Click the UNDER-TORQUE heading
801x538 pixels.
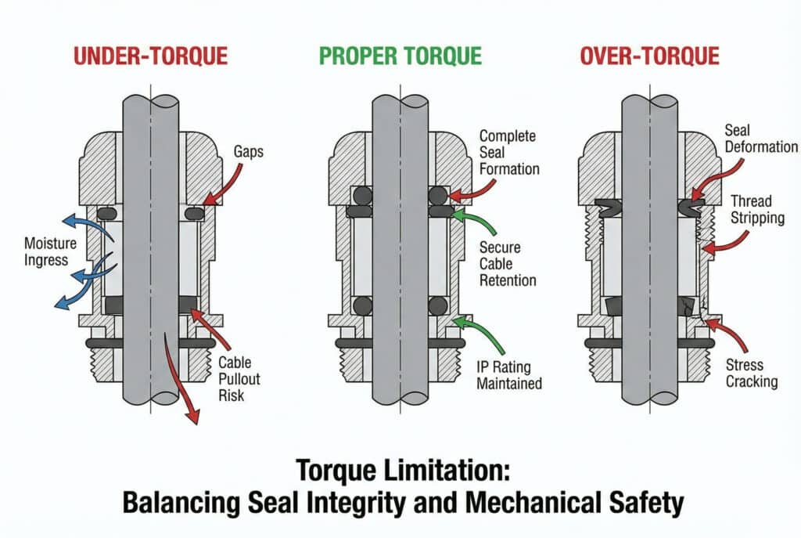tap(151, 56)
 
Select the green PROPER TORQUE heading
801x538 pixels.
tap(400, 56)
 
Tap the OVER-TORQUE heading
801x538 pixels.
tap(649, 56)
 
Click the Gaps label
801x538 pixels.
tap(249, 152)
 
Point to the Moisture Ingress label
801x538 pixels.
tap(50, 251)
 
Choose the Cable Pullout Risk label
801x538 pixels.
tap(239, 379)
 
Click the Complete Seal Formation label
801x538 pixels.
tap(509, 153)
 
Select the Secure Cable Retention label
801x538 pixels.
tap(508, 264)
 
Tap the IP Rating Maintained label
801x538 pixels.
tap(508, 375)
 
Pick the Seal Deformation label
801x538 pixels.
tap(761, 138)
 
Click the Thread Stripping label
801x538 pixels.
tap(757, 209)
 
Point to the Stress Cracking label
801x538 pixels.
tap(752, 373)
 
